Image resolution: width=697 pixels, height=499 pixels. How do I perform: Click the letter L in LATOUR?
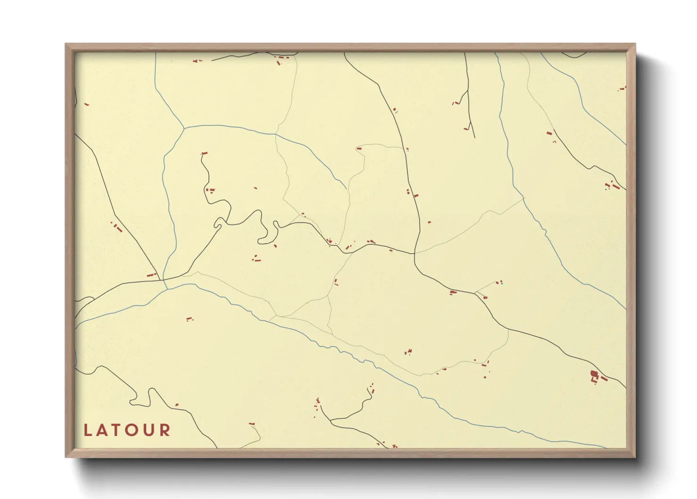(88, 430)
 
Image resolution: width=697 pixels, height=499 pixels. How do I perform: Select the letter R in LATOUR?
(165, 430)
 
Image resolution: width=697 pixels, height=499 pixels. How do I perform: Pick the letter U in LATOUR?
(149, 430)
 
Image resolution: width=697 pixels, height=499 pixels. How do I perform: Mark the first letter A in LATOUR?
(103, 430)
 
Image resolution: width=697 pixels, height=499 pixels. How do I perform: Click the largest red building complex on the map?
(594, 374)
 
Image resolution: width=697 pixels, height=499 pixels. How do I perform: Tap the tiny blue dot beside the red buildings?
(502, 283)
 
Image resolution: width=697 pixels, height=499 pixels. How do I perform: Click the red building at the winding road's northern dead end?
(204, 153)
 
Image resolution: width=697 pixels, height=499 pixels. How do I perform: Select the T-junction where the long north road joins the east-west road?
(414, 254)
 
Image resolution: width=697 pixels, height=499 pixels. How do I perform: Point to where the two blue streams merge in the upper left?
(183, 128)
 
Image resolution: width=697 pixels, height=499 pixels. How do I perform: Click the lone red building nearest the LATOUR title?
(177, 405)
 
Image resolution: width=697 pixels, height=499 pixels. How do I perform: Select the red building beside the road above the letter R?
(251, 424)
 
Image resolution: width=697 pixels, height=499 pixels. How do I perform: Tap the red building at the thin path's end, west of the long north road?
(359, 149)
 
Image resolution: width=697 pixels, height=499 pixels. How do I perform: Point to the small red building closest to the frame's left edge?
(86, 104)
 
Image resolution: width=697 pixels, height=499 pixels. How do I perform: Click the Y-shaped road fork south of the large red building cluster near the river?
(332, 419)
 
